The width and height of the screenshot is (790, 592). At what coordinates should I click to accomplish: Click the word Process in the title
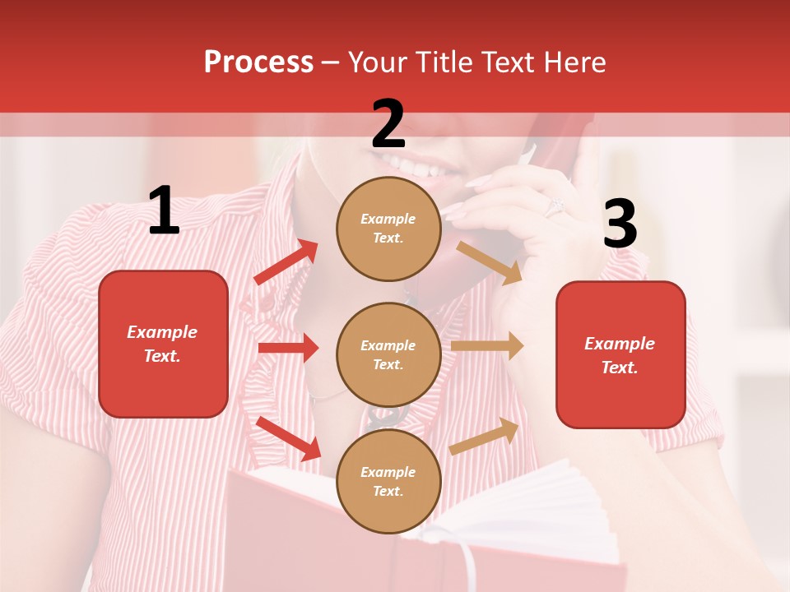pyautogui.click(x=258, y=62)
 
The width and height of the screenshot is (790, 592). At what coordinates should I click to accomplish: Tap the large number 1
pyautogui.click(x=164, y=211)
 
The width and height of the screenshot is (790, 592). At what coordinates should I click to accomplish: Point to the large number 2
pyautogui.click(x=388, y=124)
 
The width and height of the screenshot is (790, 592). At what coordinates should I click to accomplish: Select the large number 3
pyautogui.click(x=620, y=224)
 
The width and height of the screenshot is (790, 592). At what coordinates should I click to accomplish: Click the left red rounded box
pyautogui.click(x=163, y=344)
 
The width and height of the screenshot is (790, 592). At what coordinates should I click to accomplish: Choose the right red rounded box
pyautogui.click(x=620, y=354)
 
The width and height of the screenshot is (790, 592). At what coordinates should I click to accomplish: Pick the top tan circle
pyautogui.click(x=388, y=229)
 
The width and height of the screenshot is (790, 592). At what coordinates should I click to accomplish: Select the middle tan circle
pyautogui.click(x=388, y=354)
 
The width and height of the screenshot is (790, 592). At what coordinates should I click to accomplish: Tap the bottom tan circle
pyautogui.click(x=388, y=481)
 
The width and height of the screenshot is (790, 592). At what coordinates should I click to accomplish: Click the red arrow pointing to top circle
pyautogui.click(x=286, y=262)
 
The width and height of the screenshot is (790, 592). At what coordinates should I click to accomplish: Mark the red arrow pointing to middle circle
pyautogui.click(x=288, y=349)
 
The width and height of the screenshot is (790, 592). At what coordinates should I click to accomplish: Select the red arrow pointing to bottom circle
pyautogui.click(x=289, y=438)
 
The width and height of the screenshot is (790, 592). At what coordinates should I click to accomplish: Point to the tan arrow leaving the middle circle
pyautogui.click(x=487, y=346)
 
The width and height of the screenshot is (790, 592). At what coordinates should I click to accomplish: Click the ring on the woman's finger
pyautogui.click(x=554, y=206)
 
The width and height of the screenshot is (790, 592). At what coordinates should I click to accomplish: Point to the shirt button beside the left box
pyautogui.click(x=266, y=305)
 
